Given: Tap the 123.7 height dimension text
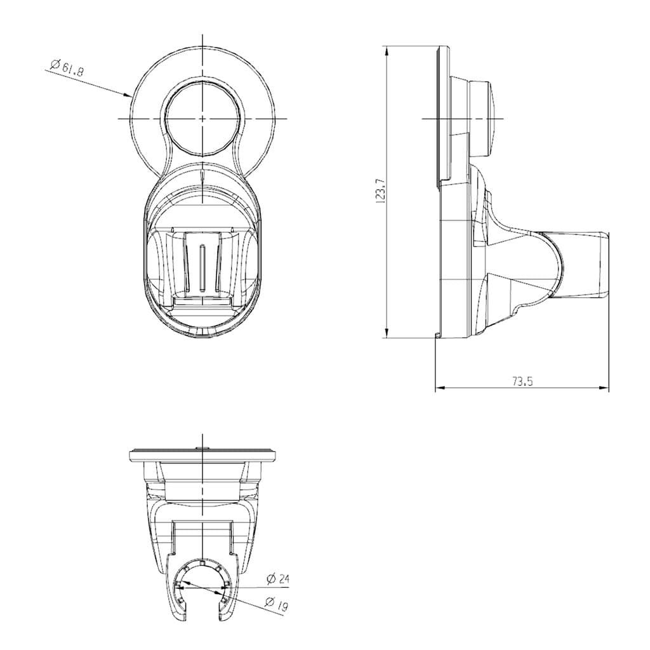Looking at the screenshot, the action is [x=381, y=190].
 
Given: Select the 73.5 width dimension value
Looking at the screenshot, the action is [x=522, y=381].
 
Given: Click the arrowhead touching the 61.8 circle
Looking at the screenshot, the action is [x=128, y=95].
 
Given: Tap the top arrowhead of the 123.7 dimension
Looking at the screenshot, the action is [x=387, y=51].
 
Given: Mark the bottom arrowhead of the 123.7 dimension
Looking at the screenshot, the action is [x=387, y=333].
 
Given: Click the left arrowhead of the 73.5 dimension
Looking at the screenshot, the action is [x=441, y=388].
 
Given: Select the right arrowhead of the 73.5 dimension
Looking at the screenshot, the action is [x=604, y=388].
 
